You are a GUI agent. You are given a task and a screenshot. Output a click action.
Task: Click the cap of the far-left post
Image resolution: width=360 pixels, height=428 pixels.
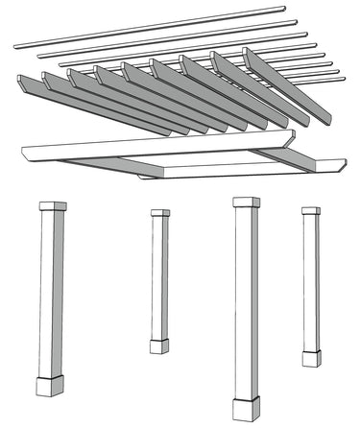point(52,206)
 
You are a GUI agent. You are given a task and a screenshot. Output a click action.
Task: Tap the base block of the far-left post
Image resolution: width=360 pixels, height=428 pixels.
point(49,387)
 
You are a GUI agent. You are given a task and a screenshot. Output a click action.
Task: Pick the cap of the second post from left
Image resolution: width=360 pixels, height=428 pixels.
point(159,213)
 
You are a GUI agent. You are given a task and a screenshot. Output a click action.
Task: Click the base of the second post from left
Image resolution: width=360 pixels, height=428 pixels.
point(158,345)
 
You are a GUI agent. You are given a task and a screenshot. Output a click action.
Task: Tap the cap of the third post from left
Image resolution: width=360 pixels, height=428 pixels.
point(246,202)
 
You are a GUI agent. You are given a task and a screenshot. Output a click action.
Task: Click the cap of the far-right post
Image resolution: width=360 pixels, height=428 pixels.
point(310,210)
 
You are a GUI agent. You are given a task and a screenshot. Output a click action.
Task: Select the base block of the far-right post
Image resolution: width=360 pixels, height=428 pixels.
point(311,358)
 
